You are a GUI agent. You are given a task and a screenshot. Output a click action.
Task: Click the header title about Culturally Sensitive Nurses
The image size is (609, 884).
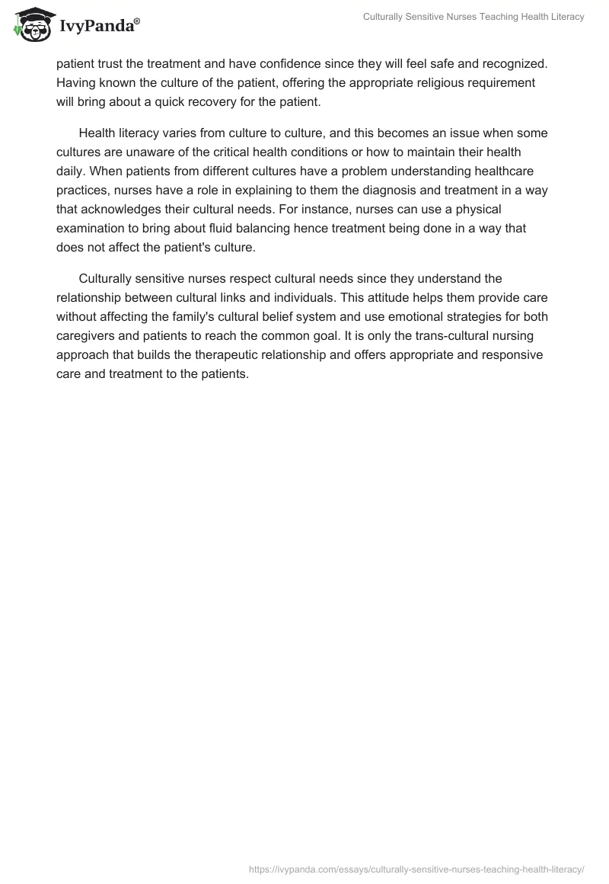tap(472, 17)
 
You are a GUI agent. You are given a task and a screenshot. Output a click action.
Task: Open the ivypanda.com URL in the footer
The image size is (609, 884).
tap(417, 868)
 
